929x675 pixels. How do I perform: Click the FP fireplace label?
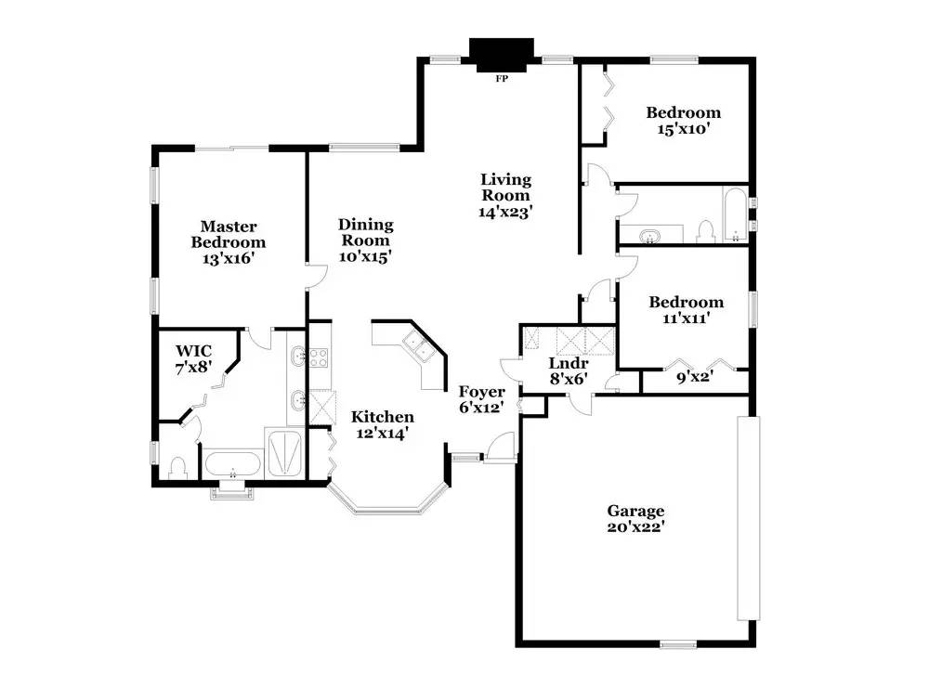[x=502, y=78]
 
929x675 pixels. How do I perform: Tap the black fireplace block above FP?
[x=502, y=55]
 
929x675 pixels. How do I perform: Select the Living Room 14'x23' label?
[x=505, y=195]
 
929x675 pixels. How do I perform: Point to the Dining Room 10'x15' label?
[x=365, y=240]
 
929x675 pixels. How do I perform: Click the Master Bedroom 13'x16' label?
[x=229, y=242]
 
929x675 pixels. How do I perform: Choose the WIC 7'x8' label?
[x=194, y=359]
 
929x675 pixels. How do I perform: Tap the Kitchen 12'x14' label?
[x=383, y=425]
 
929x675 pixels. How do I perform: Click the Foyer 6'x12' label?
[x=481, y=399]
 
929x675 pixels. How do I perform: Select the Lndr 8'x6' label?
[x=569, y=371]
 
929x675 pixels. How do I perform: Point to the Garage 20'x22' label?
[x=635, y=519]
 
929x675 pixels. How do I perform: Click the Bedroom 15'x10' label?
[x=684, y=121]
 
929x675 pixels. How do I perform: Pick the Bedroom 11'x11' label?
[x=687, y=310]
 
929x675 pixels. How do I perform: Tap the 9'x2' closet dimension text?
[x=694, y=377]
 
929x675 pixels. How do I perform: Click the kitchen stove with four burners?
[x=319, y=357]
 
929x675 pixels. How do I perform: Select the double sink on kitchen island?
[x=420, y=347]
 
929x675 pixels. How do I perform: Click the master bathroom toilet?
[x=177, y=468]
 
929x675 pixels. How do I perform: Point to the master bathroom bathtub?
[x=233, y=465]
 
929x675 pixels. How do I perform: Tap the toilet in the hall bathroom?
[x=705, y=231]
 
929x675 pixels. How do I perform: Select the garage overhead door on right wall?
[x=748, y=518]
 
